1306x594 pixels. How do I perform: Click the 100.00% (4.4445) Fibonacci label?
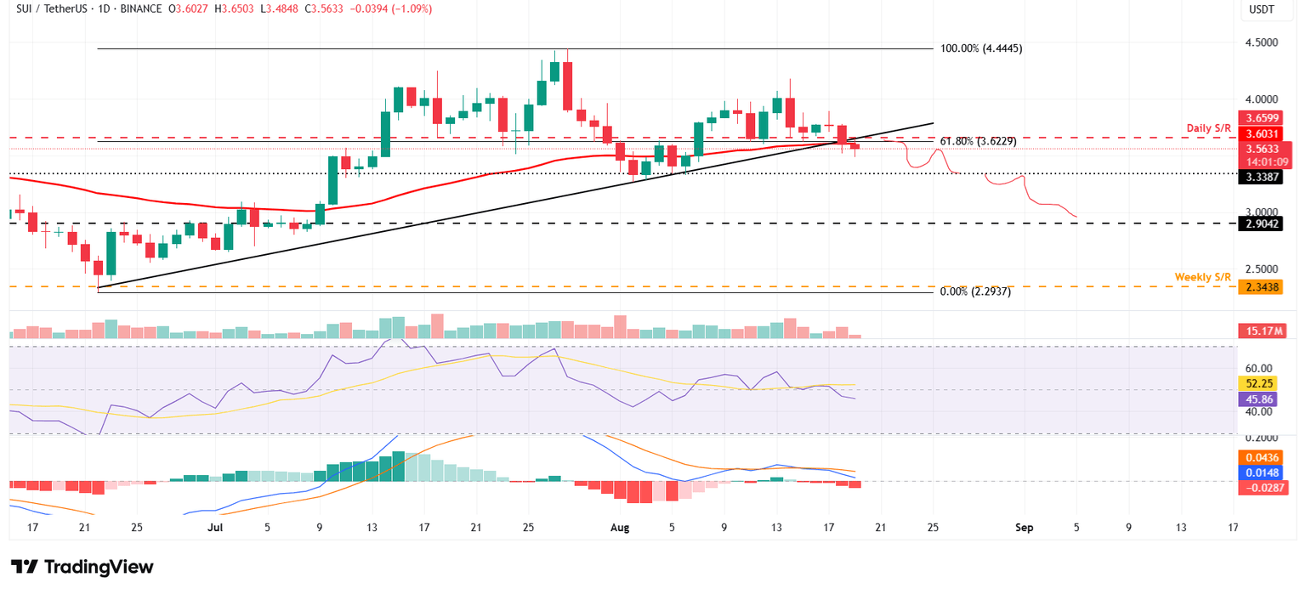tap(981, 48)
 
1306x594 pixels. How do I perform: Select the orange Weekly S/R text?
tap(1202, 277)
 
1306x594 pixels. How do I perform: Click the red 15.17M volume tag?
tap(1263, 331)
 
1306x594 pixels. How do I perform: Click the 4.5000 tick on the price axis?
tap(1263, 42)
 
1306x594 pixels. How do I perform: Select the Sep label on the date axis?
tap(1024, 528)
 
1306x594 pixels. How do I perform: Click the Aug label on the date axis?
tap(620, 528)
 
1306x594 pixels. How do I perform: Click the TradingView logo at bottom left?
tap(82, 567)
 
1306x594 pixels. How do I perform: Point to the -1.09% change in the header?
tap(412, 9)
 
